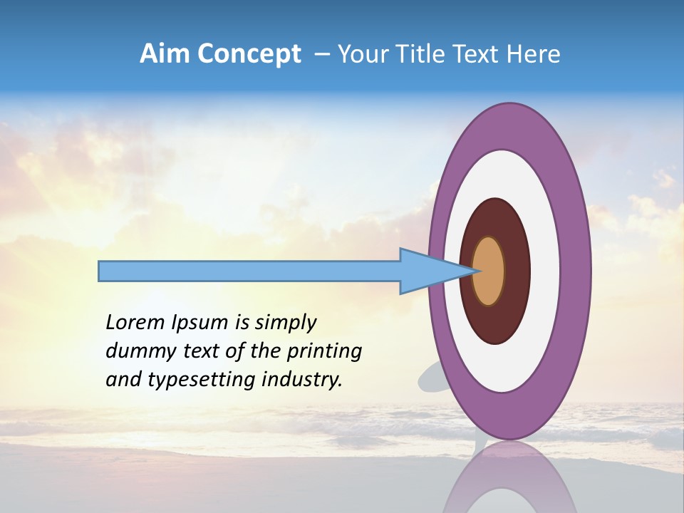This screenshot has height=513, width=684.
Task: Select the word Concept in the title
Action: pyautogui.click(x=249, y=54)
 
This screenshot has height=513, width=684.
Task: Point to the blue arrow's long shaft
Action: pyautogui.click(x=249, y=271)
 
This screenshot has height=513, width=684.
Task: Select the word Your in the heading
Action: pyautogui.click(x=360, y=54)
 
